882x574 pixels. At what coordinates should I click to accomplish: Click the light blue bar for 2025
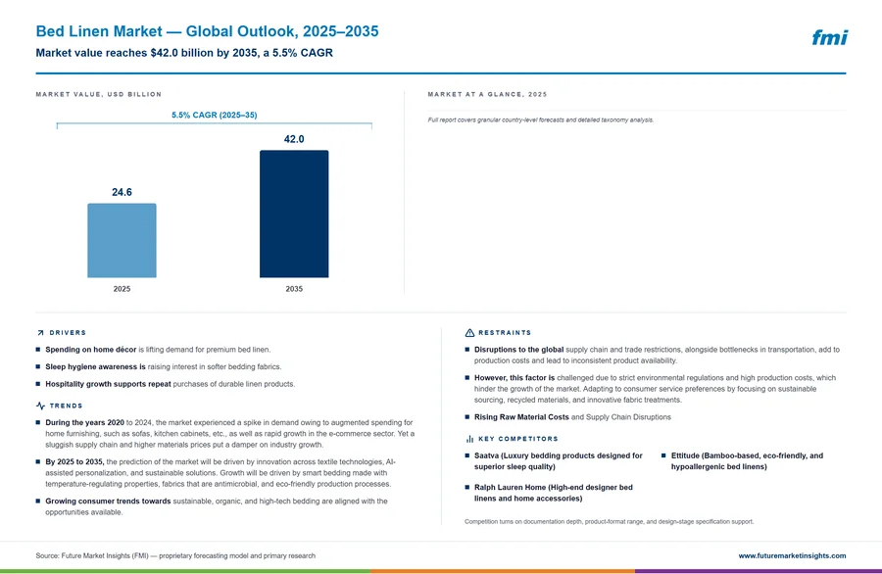click(x=122, y=240)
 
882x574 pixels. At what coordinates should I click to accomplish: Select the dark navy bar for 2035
click(x=294, y=214)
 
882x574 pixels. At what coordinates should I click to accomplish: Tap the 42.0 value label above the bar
click(x=294, y=139)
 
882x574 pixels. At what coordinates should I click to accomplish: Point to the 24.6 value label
click(x=122, y=192)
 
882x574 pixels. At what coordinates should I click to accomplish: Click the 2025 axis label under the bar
click(x=122, y=289)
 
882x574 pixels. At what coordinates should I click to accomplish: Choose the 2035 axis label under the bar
click(x=294, y=289)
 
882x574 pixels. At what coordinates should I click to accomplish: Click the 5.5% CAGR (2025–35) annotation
click(x=215, y=115)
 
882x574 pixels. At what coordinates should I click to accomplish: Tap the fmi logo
click(x=829, y=37)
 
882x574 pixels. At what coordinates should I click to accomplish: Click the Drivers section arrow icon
click(x=40, y=333)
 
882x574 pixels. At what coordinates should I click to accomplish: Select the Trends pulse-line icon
click(x=40, y=406)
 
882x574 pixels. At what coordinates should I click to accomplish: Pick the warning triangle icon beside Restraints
click(x=469, y=333)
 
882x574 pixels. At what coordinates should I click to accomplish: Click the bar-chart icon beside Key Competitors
click(x=469, y=439)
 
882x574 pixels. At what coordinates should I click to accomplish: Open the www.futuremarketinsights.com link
click(x=792, y=555)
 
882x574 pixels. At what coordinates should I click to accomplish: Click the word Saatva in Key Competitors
click(x=486, y=455)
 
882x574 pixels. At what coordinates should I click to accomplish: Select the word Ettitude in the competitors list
click(x=685, y=455)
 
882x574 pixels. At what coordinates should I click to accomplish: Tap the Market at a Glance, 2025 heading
click(x=487, y=94)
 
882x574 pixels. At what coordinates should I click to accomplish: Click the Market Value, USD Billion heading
click(x=98, y=94)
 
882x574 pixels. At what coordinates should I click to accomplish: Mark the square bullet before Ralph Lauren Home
click(x=466, y=488)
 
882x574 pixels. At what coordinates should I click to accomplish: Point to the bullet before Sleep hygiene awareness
click(x=38, y=366)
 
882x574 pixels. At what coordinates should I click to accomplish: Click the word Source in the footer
click(x=47, y=555)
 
